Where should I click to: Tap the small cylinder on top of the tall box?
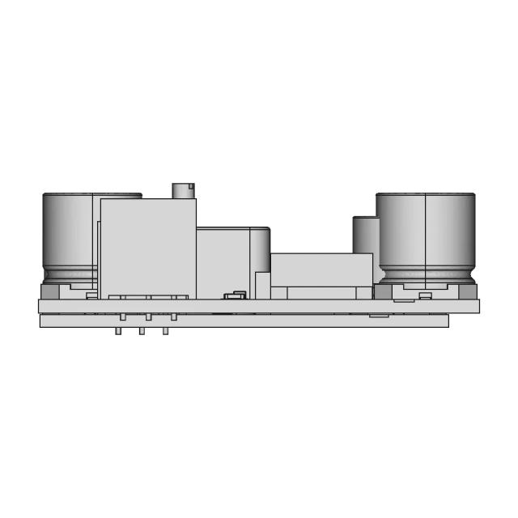pyautogui.click(x=184, y=189)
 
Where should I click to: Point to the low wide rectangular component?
pyautogui.click(x=321, y=269)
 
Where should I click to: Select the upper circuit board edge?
pyautogui.click(x=259, y=306)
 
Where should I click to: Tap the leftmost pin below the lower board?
pyautogui.click(x=118, y=331)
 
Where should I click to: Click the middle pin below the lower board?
pyautogui.click(x=141, y=331)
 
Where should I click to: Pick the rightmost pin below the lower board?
pyautogui.click(x=165, y=331)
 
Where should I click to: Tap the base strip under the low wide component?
pyautogui.click(x=321, y=292)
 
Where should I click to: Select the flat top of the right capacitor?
pyautogui.click(x=426, y=194)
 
